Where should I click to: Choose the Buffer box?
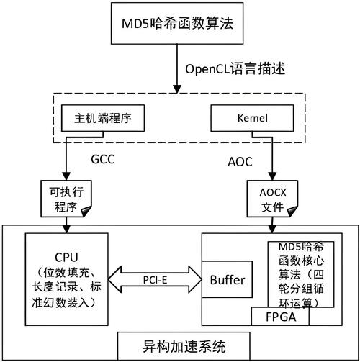tap(228, 279)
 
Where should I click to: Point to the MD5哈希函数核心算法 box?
tap(301, 273)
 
